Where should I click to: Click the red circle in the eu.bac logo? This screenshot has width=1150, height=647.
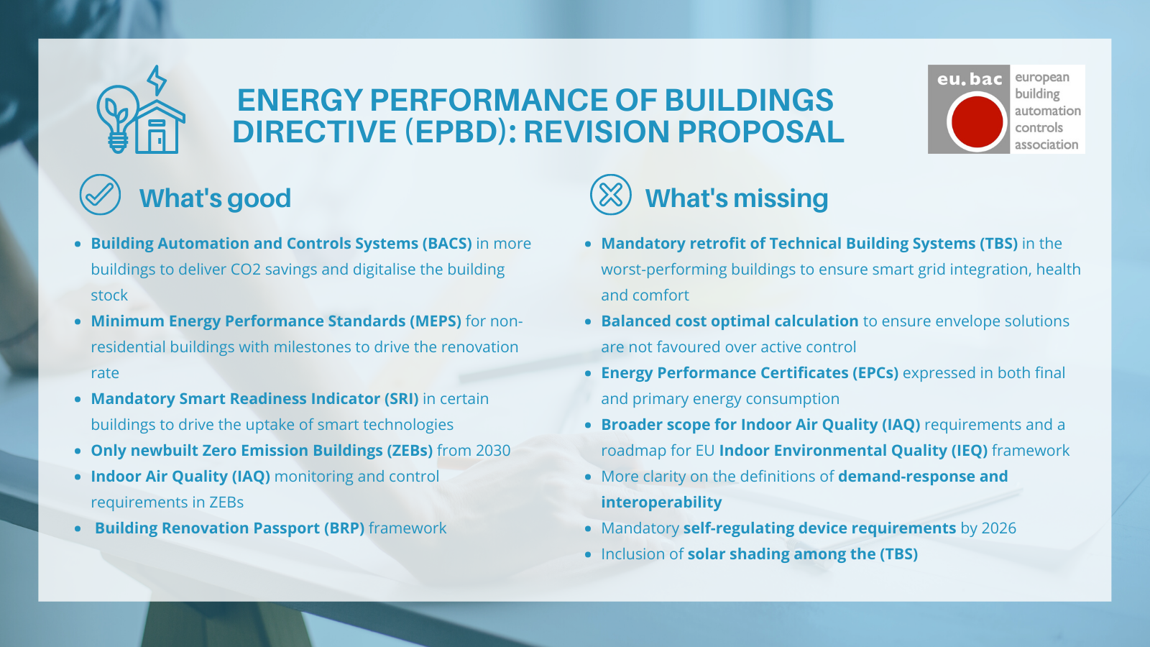pos(977,121)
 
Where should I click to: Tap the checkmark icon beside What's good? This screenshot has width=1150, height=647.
pos(100,195)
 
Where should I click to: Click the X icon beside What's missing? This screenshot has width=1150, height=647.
pos(610,195)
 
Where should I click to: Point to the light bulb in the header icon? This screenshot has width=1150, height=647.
pos(116,115)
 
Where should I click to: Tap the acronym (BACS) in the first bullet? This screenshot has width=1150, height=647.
pos(447,244)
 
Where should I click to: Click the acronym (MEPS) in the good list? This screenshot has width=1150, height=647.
pos(436,321)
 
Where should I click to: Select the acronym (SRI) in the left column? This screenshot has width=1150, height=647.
pos(401,399)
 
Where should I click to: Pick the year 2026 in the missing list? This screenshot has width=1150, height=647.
pos(998,528)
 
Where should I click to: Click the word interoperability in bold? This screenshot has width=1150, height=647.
pos(661,503)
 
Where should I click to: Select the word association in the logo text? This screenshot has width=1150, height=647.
pos(1046,144)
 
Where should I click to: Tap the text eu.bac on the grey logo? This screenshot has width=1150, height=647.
pos(969,79)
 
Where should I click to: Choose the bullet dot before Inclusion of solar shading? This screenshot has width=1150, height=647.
pos(588,554)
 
